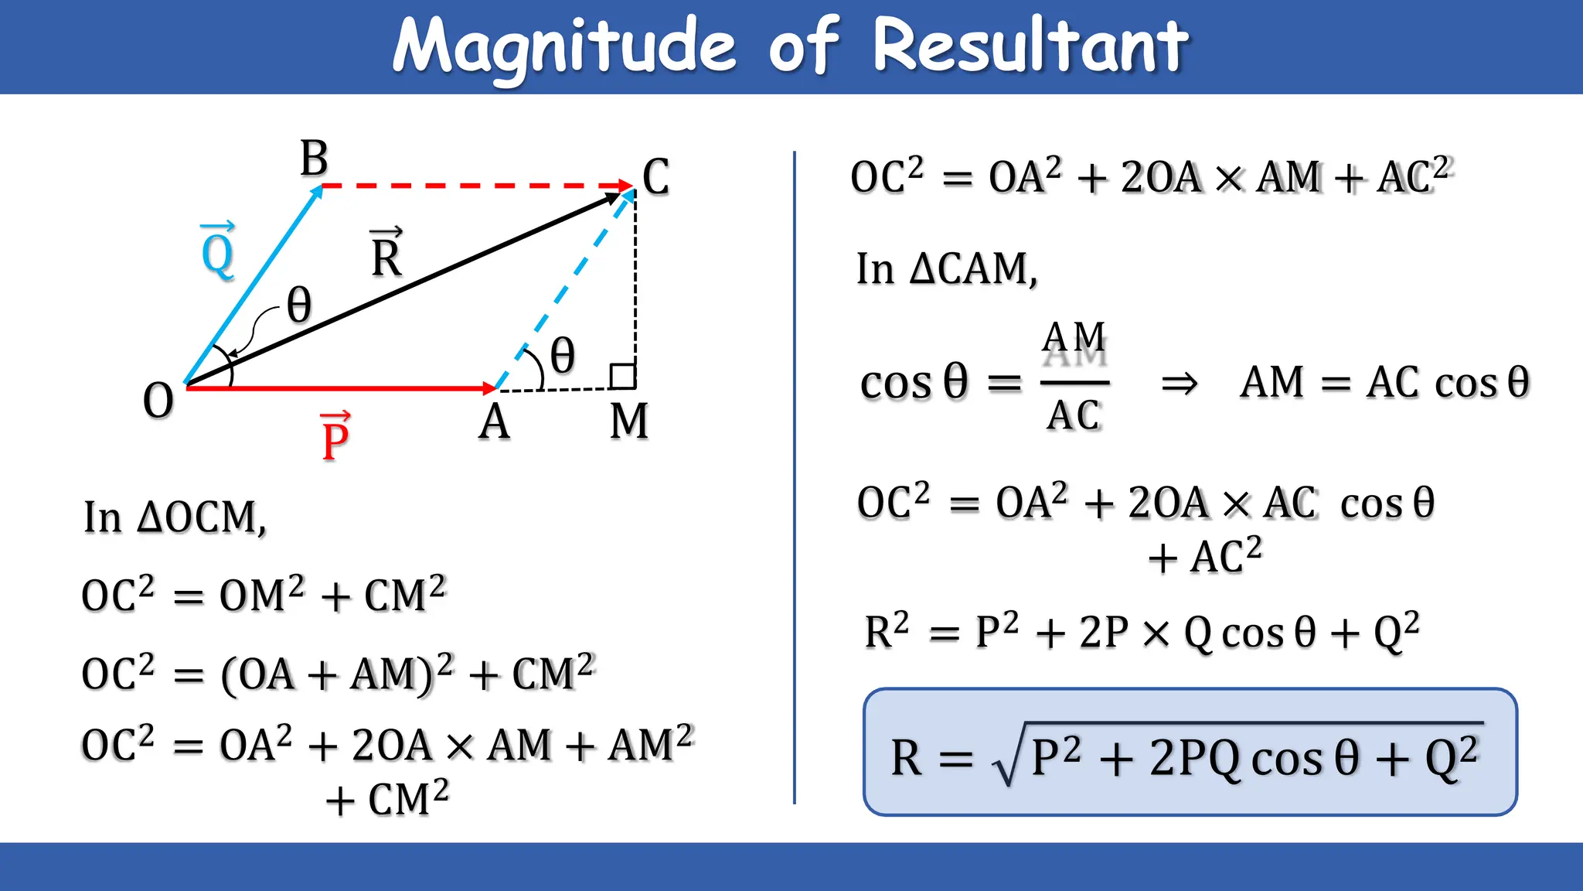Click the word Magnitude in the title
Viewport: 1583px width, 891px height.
[x=563, y=46]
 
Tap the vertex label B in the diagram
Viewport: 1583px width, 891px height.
[x=314, y=159]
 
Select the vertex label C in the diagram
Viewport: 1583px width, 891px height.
[x=655, y=177]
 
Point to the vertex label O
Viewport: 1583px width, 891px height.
[x=158, y=401]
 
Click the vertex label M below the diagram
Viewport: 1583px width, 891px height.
[x=628, y=422]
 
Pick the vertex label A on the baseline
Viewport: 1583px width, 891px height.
[x=494, y=423]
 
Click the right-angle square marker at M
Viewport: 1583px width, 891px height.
[x=623, y=377]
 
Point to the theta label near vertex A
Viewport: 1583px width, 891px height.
[x=562, y=356]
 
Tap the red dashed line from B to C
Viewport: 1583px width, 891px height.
[x=471, y=186]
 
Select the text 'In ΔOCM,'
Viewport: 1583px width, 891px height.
[x=175, y=517]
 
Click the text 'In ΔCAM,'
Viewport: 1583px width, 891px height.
[x=947, y=269]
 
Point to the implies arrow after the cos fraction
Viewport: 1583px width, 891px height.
[x=1180, y=383]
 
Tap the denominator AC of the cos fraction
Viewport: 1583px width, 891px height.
[x=1074, y=415]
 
